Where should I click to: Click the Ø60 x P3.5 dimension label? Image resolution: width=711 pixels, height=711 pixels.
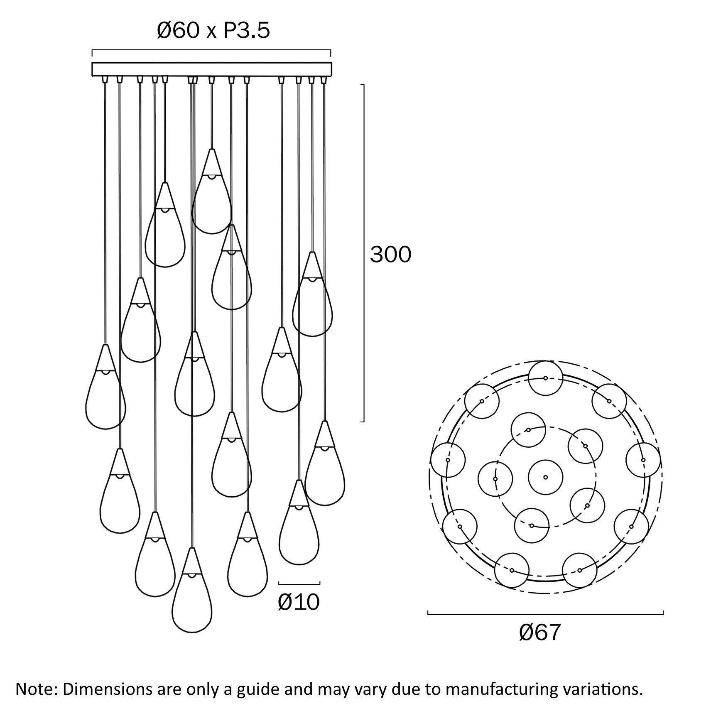pos(213,31)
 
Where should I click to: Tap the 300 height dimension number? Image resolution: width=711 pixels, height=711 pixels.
pos(390,254)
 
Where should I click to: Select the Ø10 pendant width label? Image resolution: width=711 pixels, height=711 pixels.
pos(299,602)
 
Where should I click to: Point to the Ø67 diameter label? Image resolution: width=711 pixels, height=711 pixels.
pos(540,632)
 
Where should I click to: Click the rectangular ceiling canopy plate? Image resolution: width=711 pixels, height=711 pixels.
pos(212,69)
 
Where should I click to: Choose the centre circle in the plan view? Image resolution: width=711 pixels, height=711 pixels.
pos(546,477)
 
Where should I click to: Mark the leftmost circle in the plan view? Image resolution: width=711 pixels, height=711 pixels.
pos(448,460)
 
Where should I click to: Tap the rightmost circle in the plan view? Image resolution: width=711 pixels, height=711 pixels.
pos(643,460)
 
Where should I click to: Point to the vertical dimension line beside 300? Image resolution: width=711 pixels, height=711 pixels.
pos(364,253)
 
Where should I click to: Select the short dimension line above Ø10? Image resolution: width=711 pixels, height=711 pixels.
pos(299,583)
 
